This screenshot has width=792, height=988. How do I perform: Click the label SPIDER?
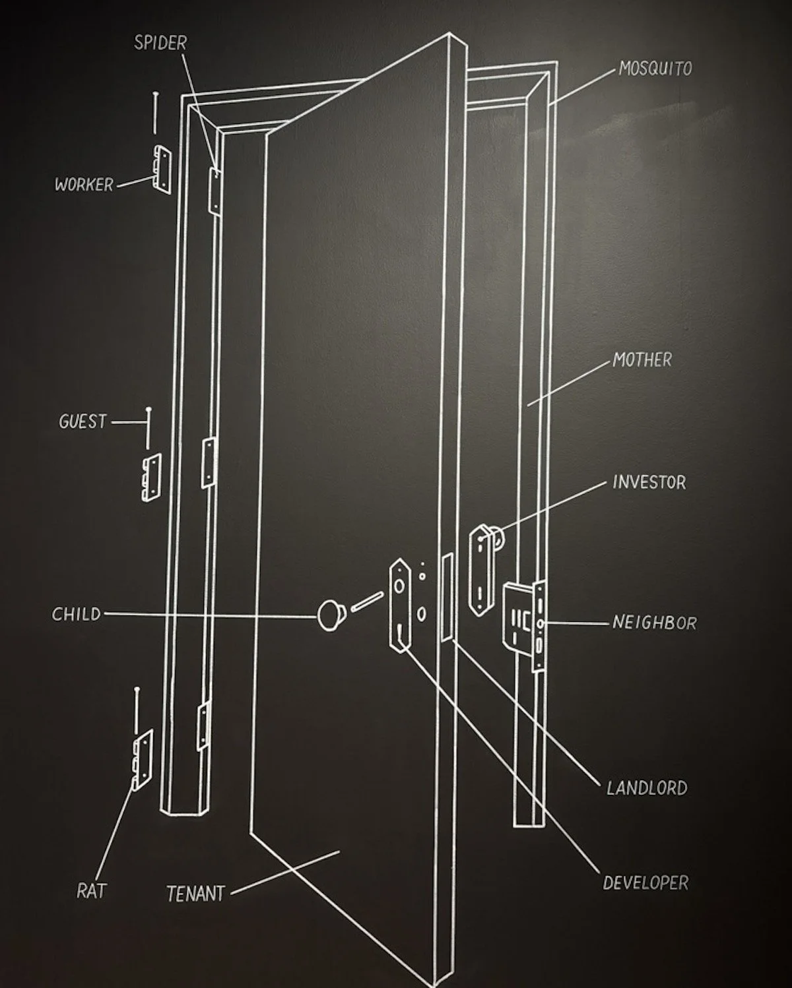160,44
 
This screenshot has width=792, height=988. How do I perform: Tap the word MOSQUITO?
655,69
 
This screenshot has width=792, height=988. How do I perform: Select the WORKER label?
84,185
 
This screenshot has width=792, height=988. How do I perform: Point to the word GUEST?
82,421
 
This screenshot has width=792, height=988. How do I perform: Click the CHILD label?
77,615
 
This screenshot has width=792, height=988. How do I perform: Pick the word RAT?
91,892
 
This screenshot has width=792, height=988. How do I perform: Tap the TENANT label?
195,894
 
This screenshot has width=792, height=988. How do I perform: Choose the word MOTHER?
642,360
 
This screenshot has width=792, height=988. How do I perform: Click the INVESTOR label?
649,482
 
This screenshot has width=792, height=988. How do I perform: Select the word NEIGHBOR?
654,623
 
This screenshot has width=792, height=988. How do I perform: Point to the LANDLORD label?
647,788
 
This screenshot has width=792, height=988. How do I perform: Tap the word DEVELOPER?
645,883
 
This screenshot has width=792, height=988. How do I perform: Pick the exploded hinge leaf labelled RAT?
141,758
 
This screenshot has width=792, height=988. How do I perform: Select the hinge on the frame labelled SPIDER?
214,190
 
